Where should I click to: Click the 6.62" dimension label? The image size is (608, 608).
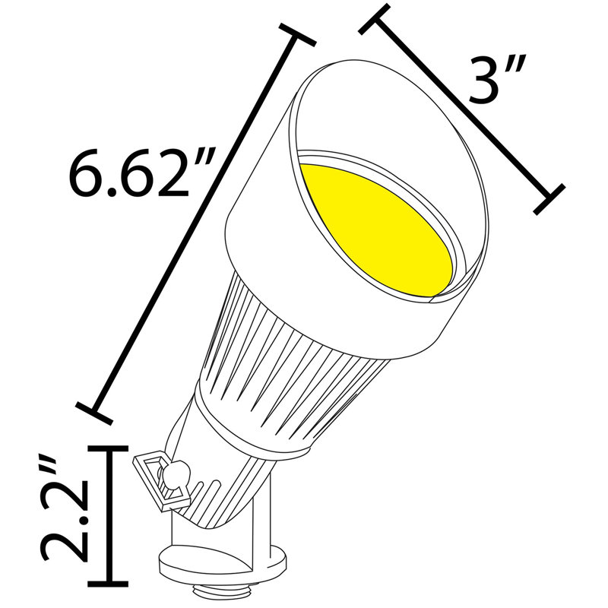141,174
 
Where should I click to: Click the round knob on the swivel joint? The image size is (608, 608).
176,473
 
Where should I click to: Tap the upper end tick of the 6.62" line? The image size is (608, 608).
297,35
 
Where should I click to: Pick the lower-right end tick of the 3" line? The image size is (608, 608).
549,199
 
